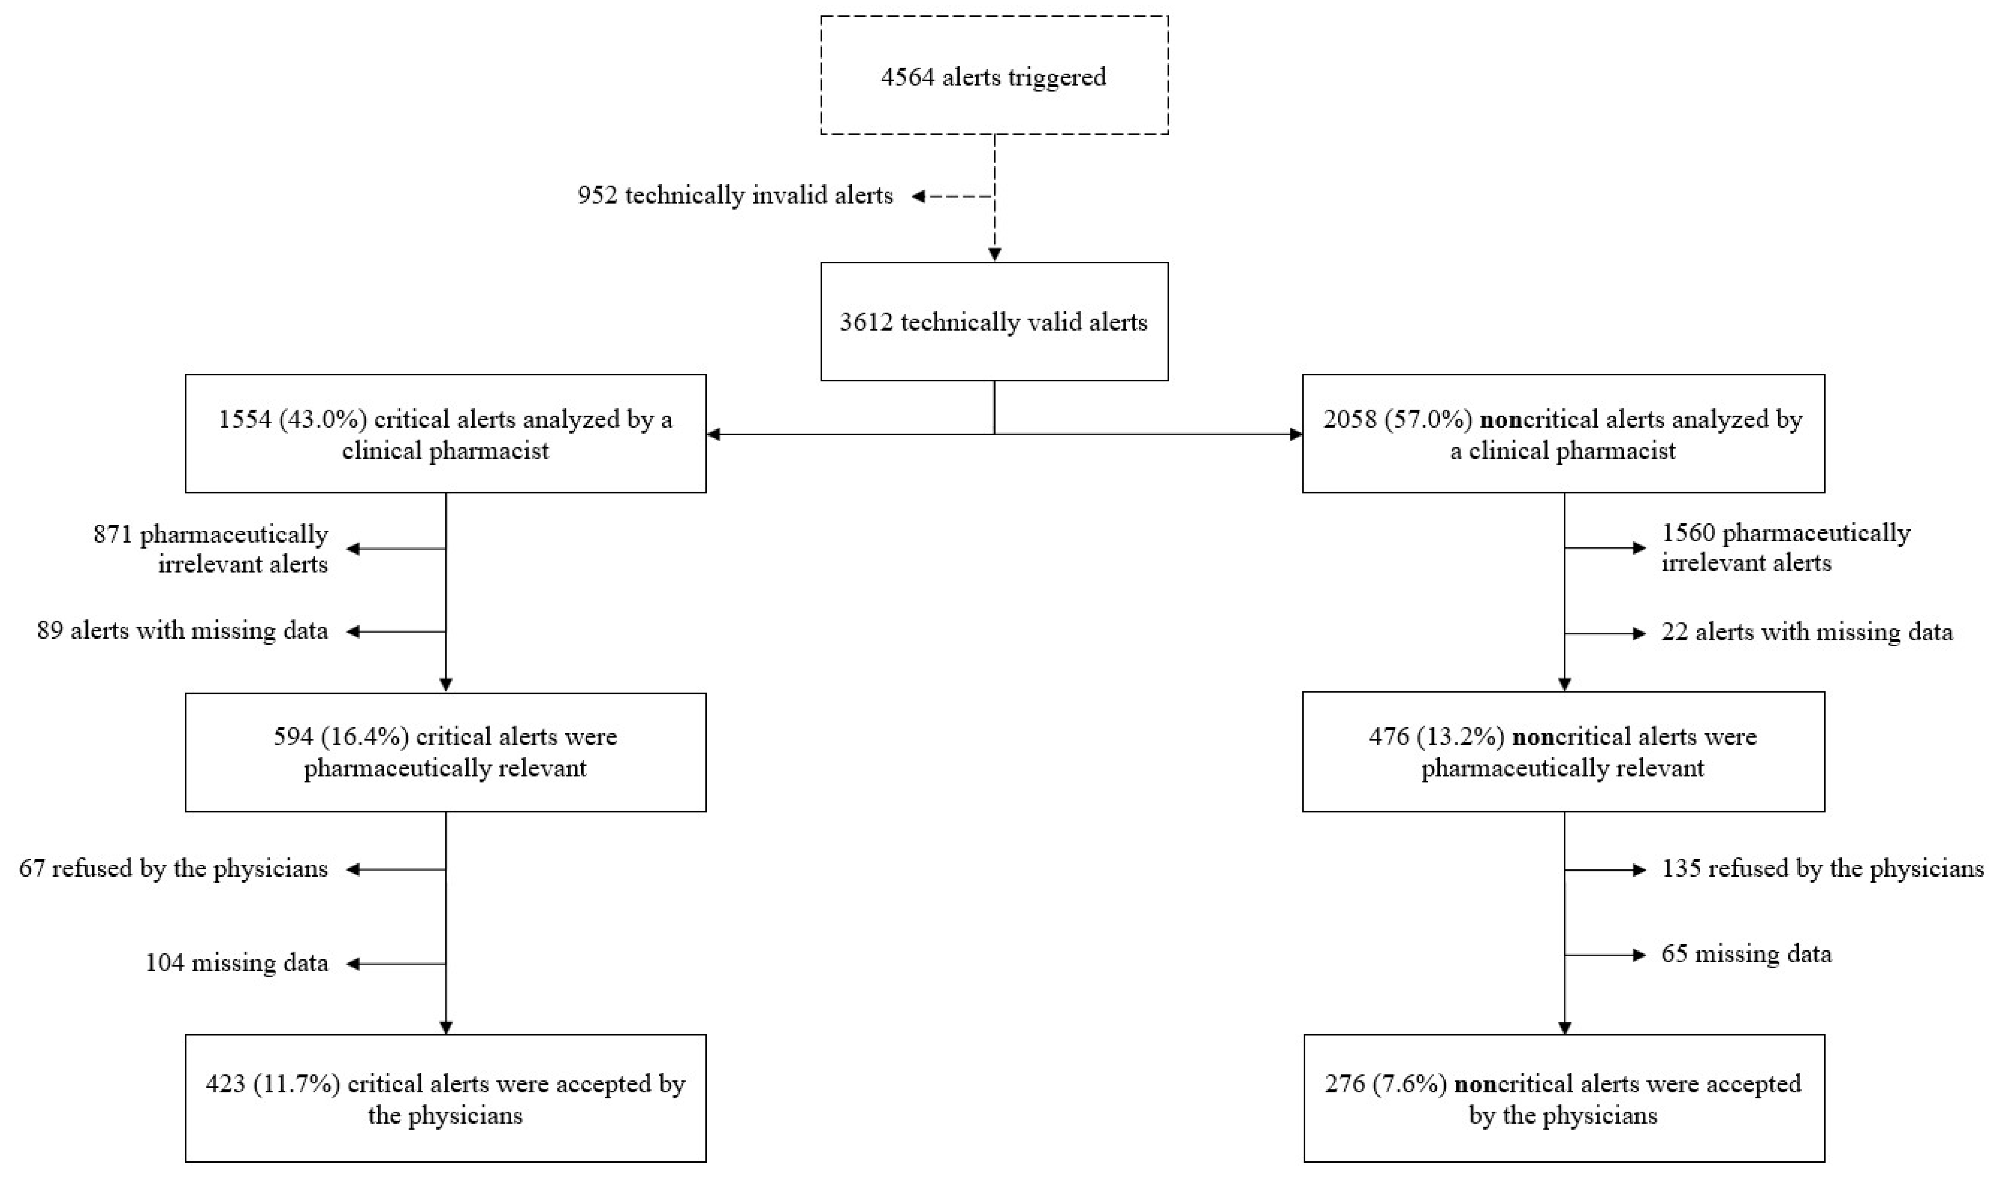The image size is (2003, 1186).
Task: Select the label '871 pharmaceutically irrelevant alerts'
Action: tap(212, 548)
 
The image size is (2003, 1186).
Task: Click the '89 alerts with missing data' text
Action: tap(183, 630)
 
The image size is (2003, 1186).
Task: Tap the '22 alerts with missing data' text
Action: tap(1806, 632)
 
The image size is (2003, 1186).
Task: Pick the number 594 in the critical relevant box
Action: tap(291, 736)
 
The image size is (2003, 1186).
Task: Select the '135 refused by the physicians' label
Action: tap(1822, 869)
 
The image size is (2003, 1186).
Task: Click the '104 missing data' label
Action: tap(237, 963)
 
